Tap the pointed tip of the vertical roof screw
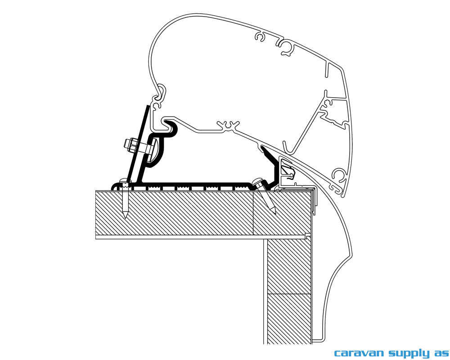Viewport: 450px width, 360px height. (125, 217)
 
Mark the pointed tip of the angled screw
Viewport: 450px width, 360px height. (274, 212)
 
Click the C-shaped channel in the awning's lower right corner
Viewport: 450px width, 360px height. (338, 175)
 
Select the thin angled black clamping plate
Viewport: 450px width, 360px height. (138, 143)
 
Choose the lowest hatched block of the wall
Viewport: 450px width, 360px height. (289, 318)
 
